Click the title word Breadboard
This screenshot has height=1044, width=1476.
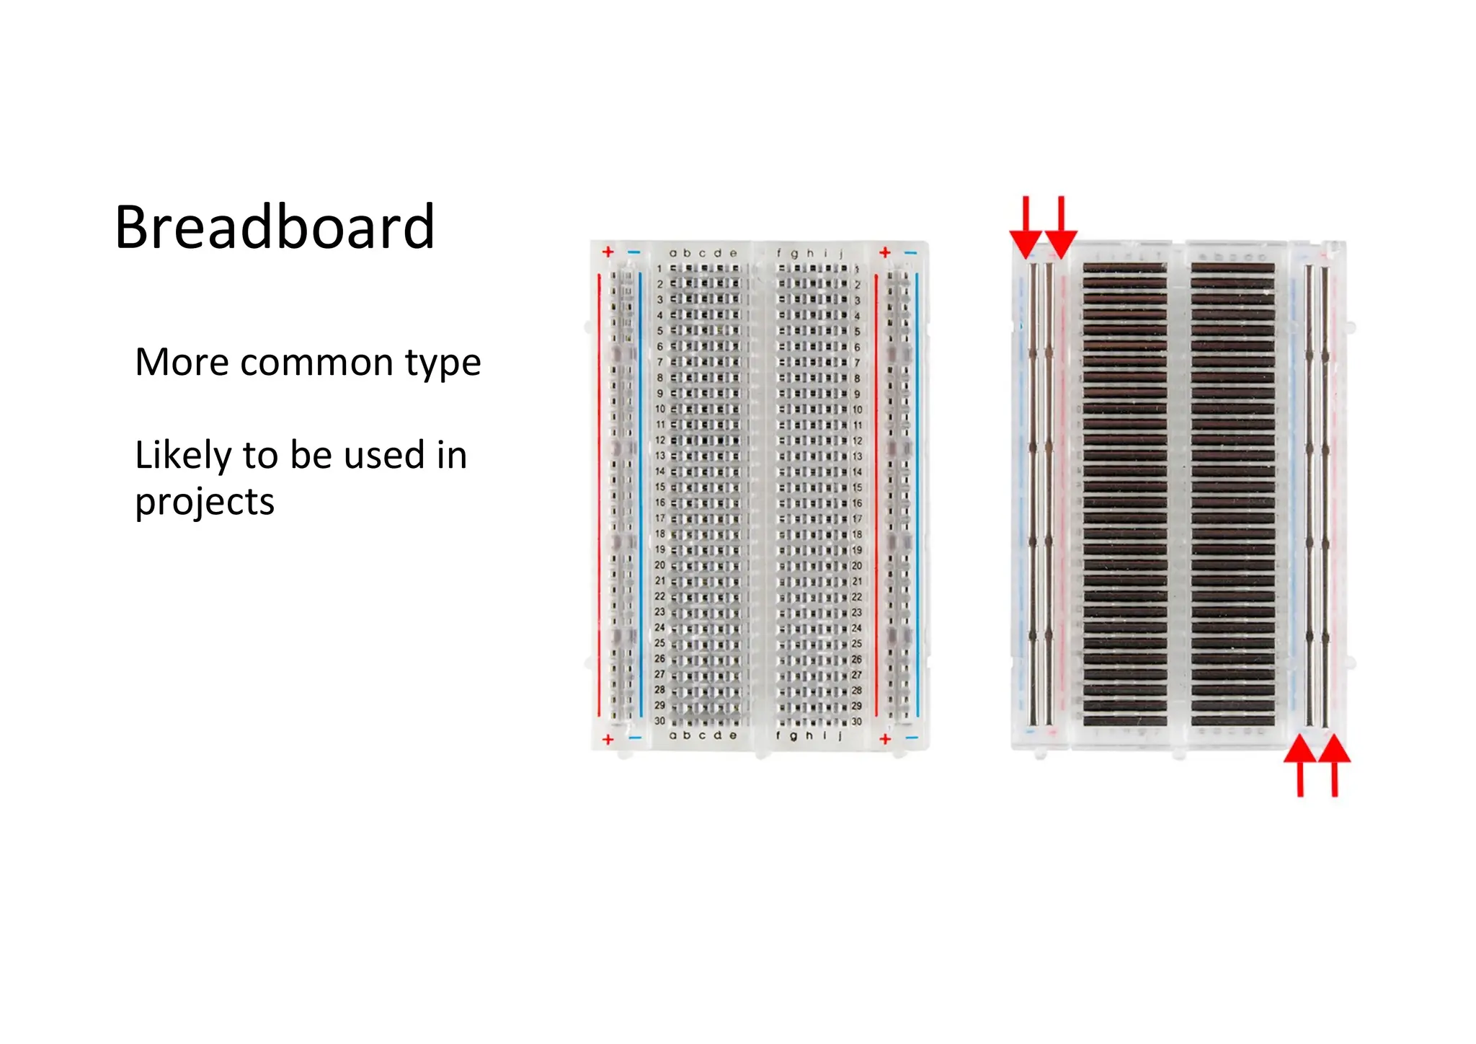(275, 228)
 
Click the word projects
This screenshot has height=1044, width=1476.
(205, 503)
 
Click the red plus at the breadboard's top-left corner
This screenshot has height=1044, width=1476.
(608, 252)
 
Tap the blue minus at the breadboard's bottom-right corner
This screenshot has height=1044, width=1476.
(912, 738)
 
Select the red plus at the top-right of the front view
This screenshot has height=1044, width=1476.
(885, 252)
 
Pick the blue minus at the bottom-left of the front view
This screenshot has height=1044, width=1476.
(634, 738)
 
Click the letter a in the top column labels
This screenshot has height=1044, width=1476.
(673, 253)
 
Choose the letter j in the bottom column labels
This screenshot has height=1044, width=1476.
(840, 735)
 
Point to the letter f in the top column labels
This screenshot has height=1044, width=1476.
(779, 253)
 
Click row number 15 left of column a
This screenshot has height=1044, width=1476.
(660, 487)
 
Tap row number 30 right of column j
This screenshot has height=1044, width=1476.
(857, 721)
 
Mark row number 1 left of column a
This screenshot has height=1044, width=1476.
(659, 268)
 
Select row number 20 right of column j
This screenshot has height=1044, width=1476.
(857, 565)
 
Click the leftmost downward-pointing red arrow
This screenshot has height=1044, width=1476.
(1026, 227)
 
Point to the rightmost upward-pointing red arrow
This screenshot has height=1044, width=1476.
(1335, 764)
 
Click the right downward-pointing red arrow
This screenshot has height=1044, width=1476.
(1061, 227)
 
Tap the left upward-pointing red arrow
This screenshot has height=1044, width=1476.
(1300, 764)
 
